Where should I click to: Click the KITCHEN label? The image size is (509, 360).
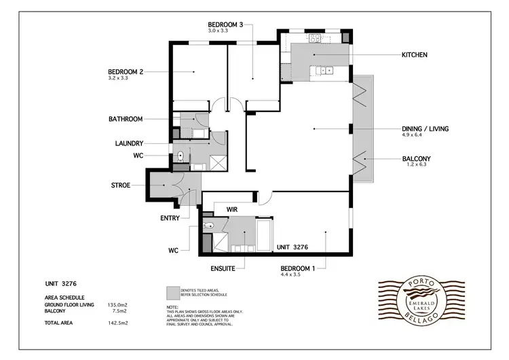tap(414, 55)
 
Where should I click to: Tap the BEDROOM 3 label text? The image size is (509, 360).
tap(225, 24)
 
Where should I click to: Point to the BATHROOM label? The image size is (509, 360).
tap(126, 119)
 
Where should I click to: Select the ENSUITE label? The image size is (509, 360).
tap(222, 269)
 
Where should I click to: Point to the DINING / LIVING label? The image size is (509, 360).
tap(426, 128)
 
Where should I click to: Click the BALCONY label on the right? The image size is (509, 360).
tap(416, 160)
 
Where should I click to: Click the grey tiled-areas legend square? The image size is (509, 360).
tap(172, 292)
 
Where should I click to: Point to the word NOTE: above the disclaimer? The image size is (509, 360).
tap(172, 307)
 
